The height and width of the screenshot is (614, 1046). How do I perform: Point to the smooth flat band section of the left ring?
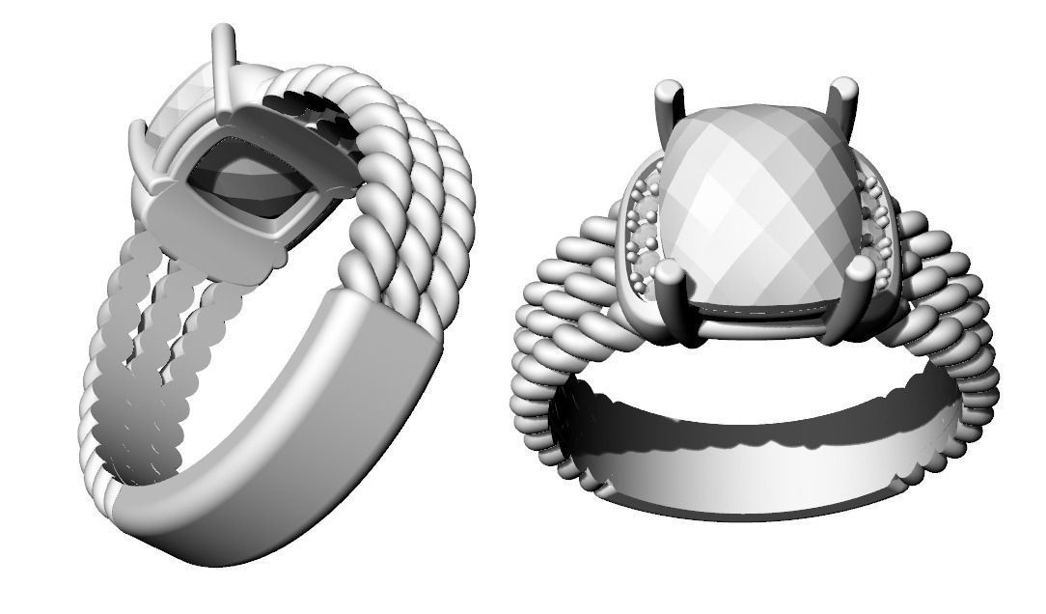tap(289, 434)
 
